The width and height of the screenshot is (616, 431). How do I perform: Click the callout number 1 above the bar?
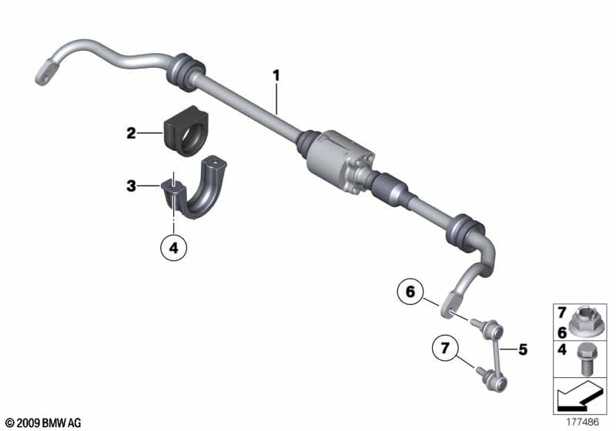276,75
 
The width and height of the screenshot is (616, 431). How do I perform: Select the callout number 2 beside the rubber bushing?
131,133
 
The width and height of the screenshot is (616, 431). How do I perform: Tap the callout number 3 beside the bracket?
131,185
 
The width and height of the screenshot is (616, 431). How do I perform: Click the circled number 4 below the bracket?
174,248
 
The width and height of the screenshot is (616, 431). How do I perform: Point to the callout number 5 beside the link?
523,349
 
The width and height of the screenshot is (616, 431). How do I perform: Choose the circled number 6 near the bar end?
410,292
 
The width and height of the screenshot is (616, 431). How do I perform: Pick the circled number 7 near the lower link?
445,348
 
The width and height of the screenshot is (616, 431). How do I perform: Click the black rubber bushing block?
185,131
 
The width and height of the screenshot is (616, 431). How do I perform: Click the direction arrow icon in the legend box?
579,396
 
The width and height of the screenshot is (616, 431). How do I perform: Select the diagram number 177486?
582,423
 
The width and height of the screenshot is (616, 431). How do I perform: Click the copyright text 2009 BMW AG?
44,423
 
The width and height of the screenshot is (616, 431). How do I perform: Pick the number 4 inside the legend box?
562,349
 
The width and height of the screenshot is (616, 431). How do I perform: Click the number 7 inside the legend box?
562,312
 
